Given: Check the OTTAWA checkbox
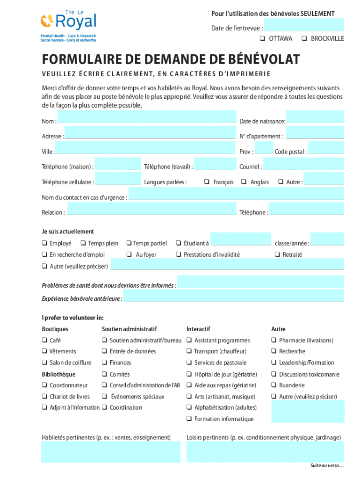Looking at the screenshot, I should [x=262, y=38].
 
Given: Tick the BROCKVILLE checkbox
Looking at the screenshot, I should [x=304, y=38].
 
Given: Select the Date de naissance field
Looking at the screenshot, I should [x=315, y=117].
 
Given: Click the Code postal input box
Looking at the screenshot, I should [x=326, y=148].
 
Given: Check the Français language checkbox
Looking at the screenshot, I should [x=207, y=182].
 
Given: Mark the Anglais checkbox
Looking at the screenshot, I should [x=244, y=182].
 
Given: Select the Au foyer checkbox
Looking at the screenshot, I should [x=129, y=254].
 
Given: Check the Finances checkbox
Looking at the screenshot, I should [x=104, y=363].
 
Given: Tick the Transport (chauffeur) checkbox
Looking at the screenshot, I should [x=189, y=351].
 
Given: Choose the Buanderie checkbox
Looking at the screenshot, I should [x=274, y=385].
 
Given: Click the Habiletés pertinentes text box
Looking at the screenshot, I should [x=111, y=452].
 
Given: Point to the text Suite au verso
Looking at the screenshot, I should [x=327, y=466].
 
